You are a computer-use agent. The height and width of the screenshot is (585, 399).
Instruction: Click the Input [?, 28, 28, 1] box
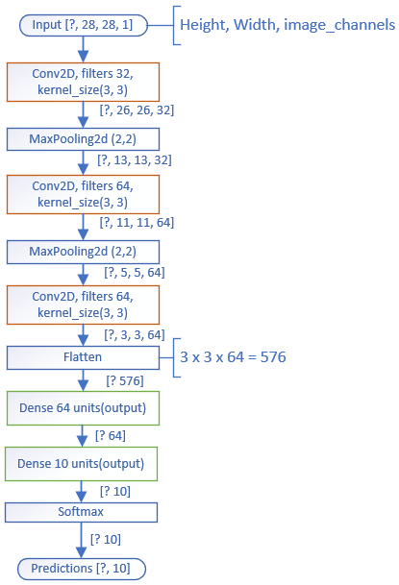84,25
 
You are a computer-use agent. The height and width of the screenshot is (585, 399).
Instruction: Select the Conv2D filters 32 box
83,82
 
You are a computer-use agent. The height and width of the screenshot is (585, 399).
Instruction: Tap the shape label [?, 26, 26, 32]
137,110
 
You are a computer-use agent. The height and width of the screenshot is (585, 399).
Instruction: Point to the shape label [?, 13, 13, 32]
135,160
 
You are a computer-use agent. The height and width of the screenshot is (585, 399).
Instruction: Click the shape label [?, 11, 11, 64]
137,222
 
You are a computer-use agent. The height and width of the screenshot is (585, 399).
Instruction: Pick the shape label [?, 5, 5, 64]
135,273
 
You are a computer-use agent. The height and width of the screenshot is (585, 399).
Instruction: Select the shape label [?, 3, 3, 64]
135,334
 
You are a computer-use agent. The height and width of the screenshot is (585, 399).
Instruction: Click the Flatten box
83,357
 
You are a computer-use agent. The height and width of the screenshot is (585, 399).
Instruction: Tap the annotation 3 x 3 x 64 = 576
233,357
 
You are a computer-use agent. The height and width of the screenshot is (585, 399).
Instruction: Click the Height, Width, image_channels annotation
287,25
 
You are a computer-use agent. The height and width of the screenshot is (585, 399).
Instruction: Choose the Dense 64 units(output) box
83,408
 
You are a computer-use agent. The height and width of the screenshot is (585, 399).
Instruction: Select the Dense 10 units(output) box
81,464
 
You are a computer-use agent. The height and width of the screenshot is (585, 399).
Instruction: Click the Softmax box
81,512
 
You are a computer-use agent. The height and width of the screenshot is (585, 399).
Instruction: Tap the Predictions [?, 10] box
82,569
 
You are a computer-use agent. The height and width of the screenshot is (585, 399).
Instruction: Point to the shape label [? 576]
125,381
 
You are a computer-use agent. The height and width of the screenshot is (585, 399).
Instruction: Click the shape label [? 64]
111,436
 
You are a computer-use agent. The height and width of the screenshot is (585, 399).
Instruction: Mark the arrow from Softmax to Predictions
81,540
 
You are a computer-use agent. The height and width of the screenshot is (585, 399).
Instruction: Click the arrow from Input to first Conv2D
83,49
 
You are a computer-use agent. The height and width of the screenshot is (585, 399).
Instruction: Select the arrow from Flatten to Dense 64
83,380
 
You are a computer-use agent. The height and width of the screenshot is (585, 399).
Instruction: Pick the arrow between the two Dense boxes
82,436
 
